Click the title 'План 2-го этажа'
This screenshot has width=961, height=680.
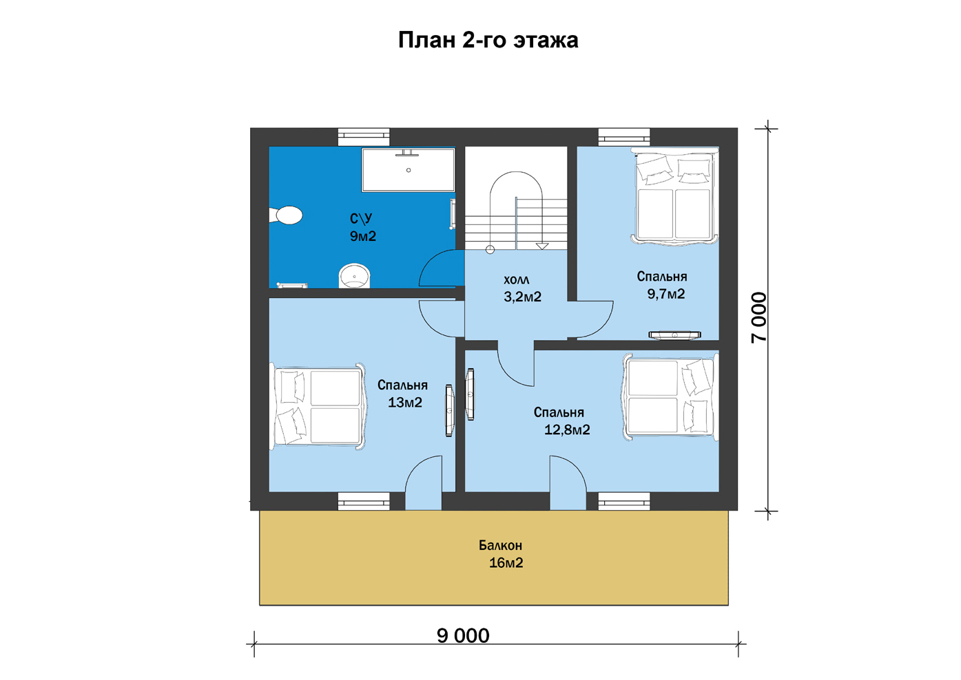point(488,41)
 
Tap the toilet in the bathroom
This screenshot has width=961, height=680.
point(286,215)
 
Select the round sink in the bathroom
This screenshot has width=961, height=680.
point(354,275)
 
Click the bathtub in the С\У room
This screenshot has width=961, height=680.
point(408,170)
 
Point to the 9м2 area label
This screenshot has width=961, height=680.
point(363,236)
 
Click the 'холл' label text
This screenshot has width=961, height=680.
point(516,280)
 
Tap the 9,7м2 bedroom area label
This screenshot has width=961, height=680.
point(666,294)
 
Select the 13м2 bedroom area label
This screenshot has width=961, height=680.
point(405,402)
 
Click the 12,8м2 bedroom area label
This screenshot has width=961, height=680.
point(567,429)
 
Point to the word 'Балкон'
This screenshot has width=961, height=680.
point(500,545)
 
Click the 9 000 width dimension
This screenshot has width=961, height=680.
point(463,635)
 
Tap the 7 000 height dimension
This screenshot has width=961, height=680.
point(758,317)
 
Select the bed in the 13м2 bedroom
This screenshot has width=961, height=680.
point(318,407)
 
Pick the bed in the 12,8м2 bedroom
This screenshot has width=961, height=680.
point(670,397)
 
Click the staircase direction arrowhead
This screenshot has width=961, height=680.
point(542,246)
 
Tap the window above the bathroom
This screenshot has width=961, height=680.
point(364,137)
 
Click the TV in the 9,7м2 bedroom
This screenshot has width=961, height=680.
point(674,335)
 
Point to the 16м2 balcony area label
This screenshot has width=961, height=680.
point(506,562)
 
